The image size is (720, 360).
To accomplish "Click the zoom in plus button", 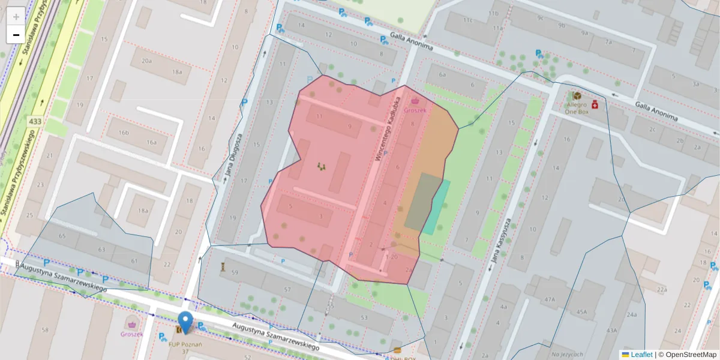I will pos(16,16).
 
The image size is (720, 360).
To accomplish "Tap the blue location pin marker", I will pos(186,322).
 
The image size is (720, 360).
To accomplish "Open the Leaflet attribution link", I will pos(641,355).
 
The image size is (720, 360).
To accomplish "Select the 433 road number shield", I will pos(34,122).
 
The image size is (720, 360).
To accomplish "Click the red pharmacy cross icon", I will pos(595,104).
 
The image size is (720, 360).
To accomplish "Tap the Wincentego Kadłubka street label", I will pos(387,127).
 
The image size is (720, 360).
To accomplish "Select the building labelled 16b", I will pos(124,133).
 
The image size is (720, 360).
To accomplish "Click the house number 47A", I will pos(549,299).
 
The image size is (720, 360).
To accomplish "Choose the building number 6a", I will pos(443,75).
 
